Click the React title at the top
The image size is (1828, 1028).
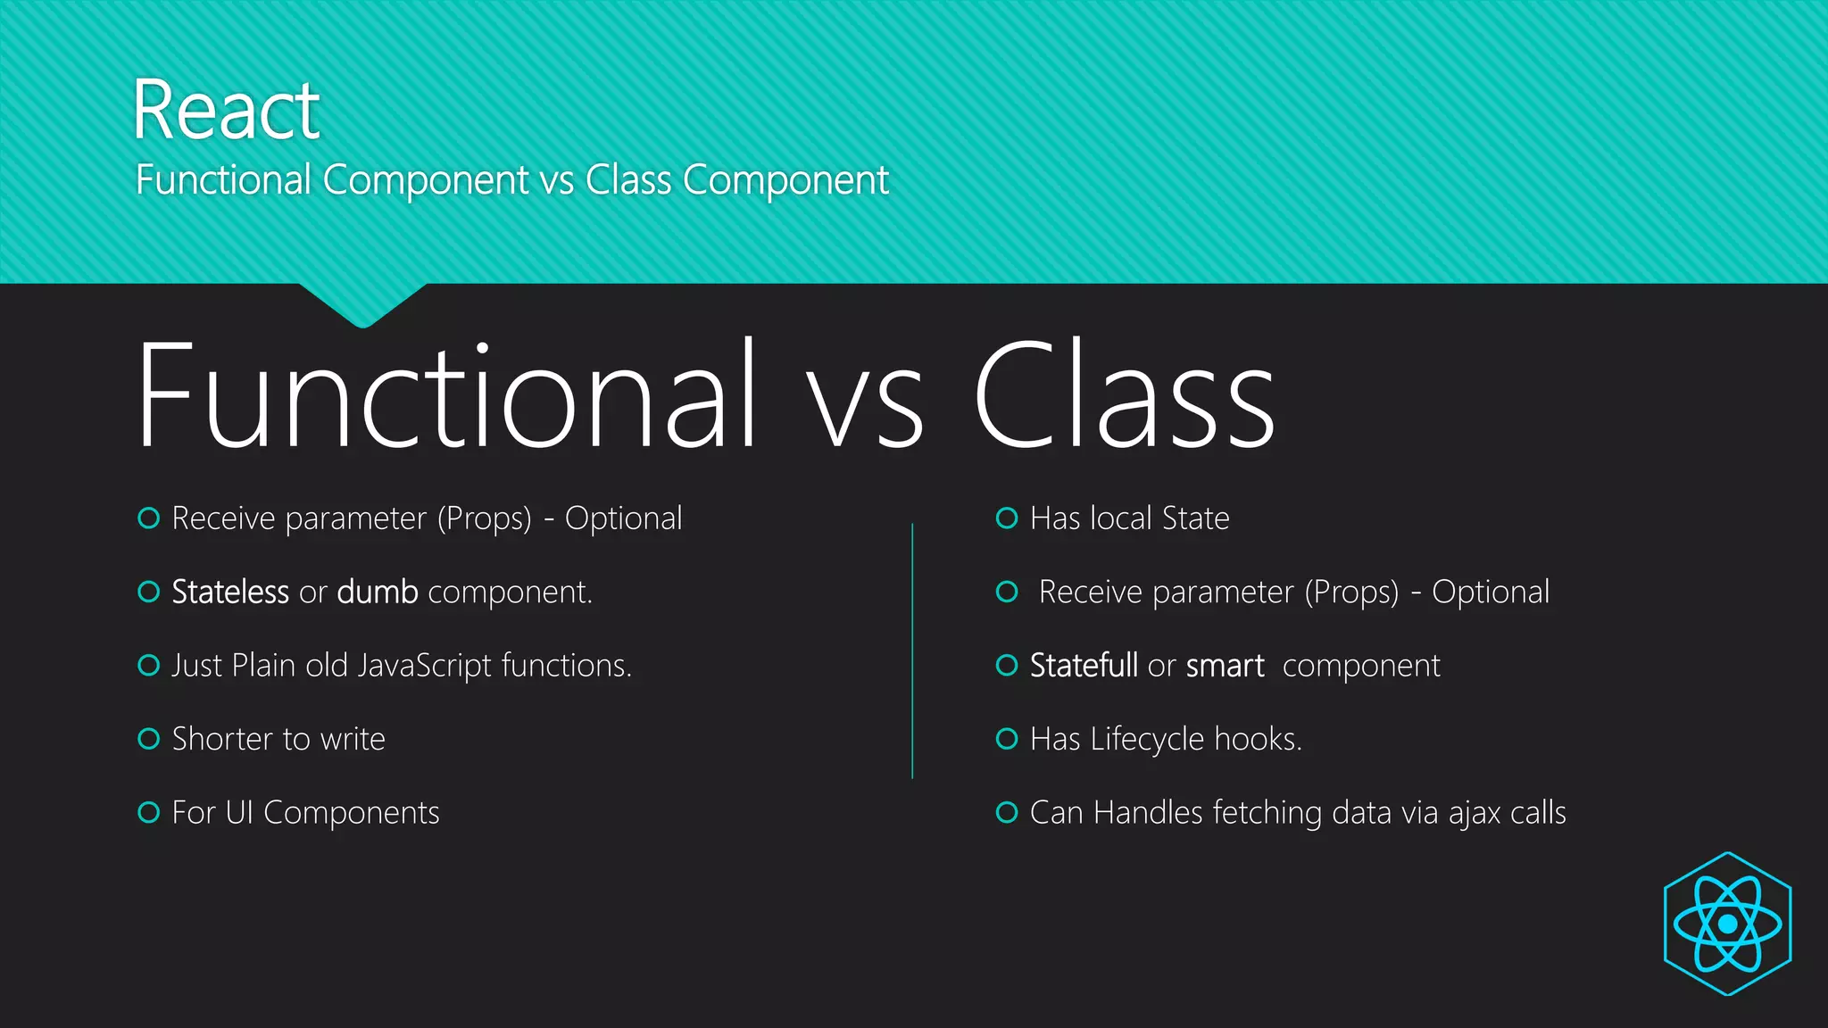(226, 111)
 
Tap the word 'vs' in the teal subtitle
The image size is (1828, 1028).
(557, 180)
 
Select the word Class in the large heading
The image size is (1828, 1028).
(1125, 394)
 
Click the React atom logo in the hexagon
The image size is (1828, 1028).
(1727, 924)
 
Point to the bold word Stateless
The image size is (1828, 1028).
(230, 592)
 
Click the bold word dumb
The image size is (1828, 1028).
(378, 592)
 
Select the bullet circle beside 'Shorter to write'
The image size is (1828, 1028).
(149, 739)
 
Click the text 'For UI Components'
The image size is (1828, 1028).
(305, 813)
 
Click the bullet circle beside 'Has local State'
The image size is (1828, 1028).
(1007, 518)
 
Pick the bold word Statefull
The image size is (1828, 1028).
(1084, 666)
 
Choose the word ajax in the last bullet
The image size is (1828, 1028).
(1475, 813)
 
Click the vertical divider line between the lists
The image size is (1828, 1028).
(912, 651)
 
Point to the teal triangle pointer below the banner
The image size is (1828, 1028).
(362, 303)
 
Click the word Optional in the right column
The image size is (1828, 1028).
(1491, 592)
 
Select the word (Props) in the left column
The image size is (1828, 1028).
(484, 518)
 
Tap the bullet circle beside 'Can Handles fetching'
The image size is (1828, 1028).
(1007, 813)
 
